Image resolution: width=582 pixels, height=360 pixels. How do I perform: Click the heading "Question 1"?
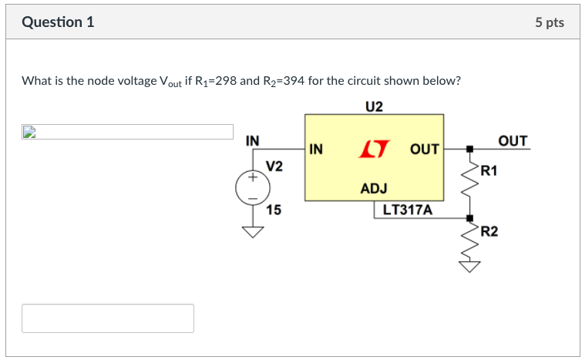tap(59, 22)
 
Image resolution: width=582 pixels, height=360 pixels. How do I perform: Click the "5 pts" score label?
tap(549, 22)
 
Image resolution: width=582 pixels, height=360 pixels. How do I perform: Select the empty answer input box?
tap(108, 318)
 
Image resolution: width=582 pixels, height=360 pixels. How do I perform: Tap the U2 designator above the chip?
tap(374, 106)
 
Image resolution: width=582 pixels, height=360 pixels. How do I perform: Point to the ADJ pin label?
tap(374, 188)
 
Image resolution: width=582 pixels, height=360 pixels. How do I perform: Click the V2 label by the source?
tap(274, 166)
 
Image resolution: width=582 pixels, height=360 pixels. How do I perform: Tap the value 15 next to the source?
tap(273, 210)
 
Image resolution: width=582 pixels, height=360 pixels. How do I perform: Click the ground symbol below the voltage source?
tap(252, 232)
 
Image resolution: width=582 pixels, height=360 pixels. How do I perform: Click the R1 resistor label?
tap(489, 170)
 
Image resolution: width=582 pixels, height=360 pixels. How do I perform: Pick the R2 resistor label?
tap(489, 230)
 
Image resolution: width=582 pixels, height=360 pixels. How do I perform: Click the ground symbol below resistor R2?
tap(469, 267)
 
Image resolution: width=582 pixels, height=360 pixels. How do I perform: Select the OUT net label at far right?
tap(513, 140)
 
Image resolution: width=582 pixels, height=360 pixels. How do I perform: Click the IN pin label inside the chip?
tap(317, 149)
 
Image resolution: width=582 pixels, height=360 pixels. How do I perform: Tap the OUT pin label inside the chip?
tap(424, 149)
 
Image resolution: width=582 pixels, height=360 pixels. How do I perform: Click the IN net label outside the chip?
tap(252, 140)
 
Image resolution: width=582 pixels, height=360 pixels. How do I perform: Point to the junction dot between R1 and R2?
tap(469, 218)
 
